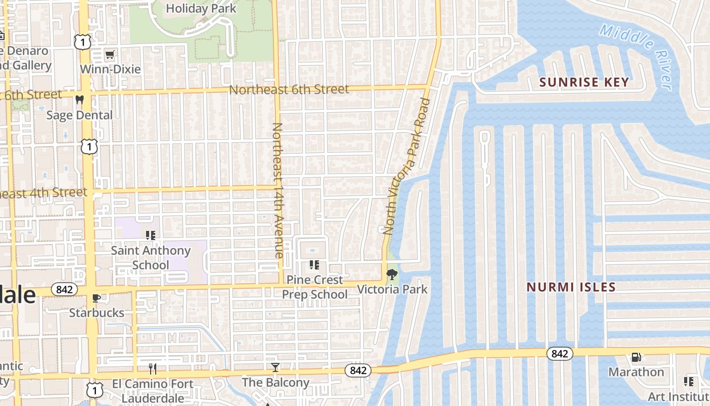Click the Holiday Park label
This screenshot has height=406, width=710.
coord(201,9)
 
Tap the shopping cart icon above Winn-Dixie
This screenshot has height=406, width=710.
coord(110,54)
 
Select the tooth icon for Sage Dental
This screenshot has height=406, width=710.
coord(79,100)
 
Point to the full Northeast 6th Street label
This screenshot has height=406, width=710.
coord(289,90)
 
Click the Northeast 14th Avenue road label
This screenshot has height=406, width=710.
coord(277,190)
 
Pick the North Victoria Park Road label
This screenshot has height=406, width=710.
coord(407,166)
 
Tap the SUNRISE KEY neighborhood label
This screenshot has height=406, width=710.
coord(584,82)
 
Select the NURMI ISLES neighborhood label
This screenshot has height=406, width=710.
coord(571,287)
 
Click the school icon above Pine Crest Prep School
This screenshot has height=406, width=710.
coord(314,265)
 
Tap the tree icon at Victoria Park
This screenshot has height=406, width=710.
coord(392,275)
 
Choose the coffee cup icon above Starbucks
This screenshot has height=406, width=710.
coord(96,298)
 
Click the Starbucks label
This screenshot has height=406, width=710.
coord(96,313)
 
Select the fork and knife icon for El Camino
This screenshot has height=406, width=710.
coord(153,368)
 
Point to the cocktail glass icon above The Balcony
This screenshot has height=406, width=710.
coord(275,367)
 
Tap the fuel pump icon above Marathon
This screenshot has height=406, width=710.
coord(636,358)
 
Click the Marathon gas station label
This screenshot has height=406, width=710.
coord(636,372)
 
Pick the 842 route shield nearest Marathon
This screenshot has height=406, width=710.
coord(559,354)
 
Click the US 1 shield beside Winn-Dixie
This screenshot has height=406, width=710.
coord(82,42)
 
